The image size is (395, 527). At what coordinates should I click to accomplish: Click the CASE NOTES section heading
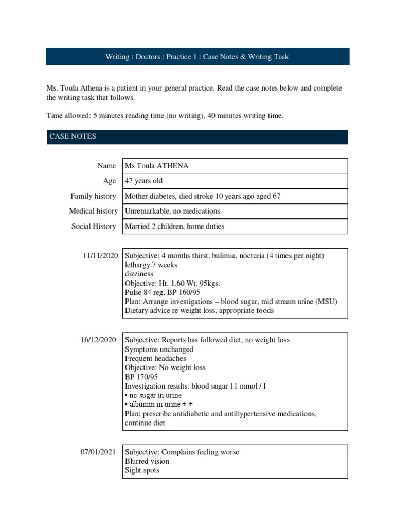tap(73, 136)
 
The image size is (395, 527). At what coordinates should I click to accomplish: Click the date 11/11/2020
tap(100, 255)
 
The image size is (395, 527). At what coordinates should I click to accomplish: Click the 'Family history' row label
tap(93, 196)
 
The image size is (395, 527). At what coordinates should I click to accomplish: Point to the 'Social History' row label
tap(94, 226)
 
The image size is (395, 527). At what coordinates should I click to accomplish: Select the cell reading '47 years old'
tap(143, 181)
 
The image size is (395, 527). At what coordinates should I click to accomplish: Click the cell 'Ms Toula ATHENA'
tap(156, 166)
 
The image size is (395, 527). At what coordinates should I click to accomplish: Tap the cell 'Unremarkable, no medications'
tap(172, 211)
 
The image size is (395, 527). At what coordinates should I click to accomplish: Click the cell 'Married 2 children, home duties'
tap(174, 226)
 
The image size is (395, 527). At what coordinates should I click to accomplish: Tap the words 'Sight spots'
tap(142, 470)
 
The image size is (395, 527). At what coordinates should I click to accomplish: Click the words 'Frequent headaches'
tap(155, 358)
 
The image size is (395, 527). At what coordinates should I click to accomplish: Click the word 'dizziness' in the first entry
tap(139, 274)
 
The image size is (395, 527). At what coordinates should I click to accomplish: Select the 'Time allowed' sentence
tap(165, 116)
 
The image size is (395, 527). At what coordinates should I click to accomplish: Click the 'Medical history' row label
tap(93, 211)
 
